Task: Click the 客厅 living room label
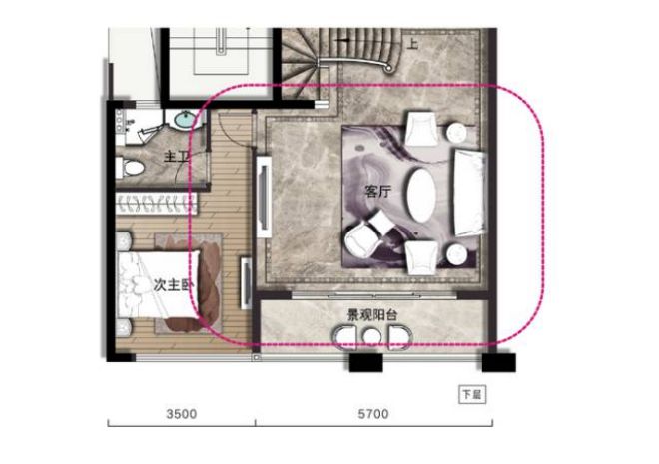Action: (378, 192)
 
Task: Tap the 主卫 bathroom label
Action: (177, 157)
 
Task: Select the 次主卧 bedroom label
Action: (173, 285)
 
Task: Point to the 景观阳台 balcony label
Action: (372, 315)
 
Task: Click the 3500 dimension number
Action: (181, 414)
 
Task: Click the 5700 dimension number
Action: (373, 414)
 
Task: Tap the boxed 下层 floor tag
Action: (472, 395)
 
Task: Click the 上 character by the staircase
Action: (413, 43)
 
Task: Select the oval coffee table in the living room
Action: (422, 196)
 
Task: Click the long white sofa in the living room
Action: (470, 192)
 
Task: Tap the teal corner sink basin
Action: (185, 119)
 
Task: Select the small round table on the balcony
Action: (372, 336)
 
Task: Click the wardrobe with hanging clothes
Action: (157, 204)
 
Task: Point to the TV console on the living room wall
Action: (264, 197)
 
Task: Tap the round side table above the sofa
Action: (456, 133)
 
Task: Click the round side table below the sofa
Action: (457, 254)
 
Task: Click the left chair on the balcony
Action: (344, 337)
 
